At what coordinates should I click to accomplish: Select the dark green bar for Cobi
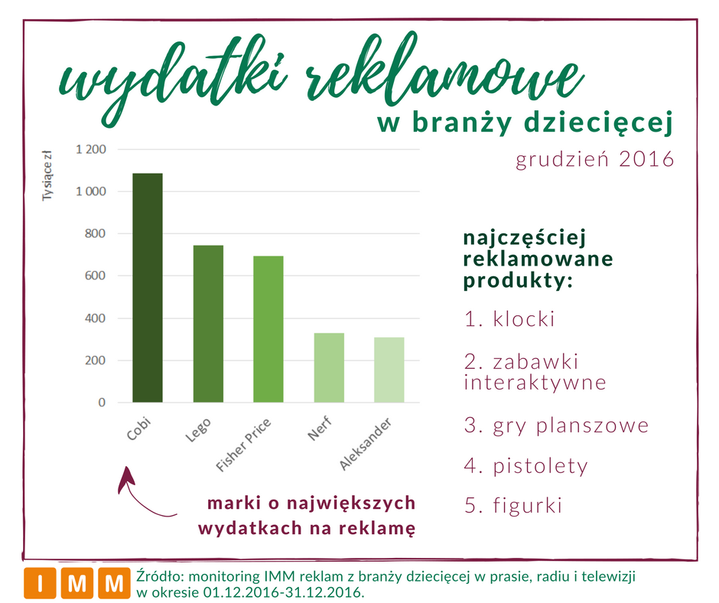coord(147,288)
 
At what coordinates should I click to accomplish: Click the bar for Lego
coord(208,324)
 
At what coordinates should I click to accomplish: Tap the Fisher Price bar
coord(268,329)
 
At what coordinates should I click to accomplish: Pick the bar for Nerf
coord(329,367)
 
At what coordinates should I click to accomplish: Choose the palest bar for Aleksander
coord(389,370)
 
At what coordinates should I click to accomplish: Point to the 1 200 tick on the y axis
coord(91,149)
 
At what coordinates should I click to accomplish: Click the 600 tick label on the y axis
coord(95,275)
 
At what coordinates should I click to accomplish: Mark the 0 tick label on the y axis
coord(102,403)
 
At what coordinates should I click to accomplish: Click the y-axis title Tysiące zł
coord(47,175)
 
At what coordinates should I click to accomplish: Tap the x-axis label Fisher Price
coord(243,445)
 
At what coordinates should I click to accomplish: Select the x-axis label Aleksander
coord(366,444)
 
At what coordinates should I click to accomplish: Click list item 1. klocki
coord(509,319)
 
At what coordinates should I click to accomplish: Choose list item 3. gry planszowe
coord(556,425)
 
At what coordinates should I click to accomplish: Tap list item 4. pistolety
coord(526,466)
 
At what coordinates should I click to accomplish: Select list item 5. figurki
coord(513,505)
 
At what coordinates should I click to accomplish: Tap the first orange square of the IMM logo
coord(41,583)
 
